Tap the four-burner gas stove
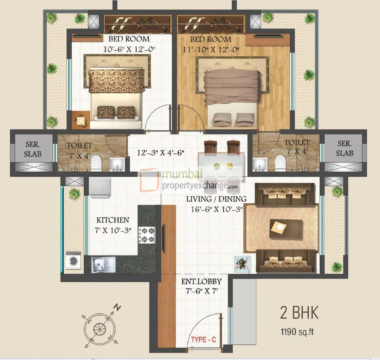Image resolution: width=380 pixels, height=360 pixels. (147, 235)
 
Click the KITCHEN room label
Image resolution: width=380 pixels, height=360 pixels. (113, 220)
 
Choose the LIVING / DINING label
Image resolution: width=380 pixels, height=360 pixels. (216, 199)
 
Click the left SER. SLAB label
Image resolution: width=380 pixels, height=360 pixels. (33, 149)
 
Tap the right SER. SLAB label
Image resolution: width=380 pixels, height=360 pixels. (344, 149)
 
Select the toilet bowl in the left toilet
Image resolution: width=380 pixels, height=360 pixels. (96, 163)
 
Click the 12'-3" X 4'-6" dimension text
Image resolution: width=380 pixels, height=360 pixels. (161, 153)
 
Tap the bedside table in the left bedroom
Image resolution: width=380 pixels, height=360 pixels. (81, 120)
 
